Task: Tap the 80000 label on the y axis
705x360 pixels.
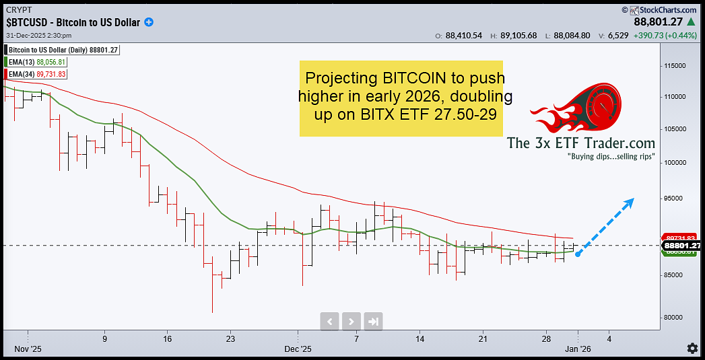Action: tap(675, 318)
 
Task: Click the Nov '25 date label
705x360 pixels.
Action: tap(28, 349)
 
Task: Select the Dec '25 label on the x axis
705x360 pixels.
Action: tap(297, 349)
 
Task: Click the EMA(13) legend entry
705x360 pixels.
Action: tap(36, 62)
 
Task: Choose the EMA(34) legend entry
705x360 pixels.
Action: tap(36, 74)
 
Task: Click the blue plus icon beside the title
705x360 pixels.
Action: tap(149, 22)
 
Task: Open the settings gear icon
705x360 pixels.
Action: tap(692, 348)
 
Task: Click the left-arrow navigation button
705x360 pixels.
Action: tap(329, 321)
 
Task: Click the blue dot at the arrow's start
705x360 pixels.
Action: tap(578, 254)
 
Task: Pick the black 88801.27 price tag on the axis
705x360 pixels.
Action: tap(682, 246)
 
